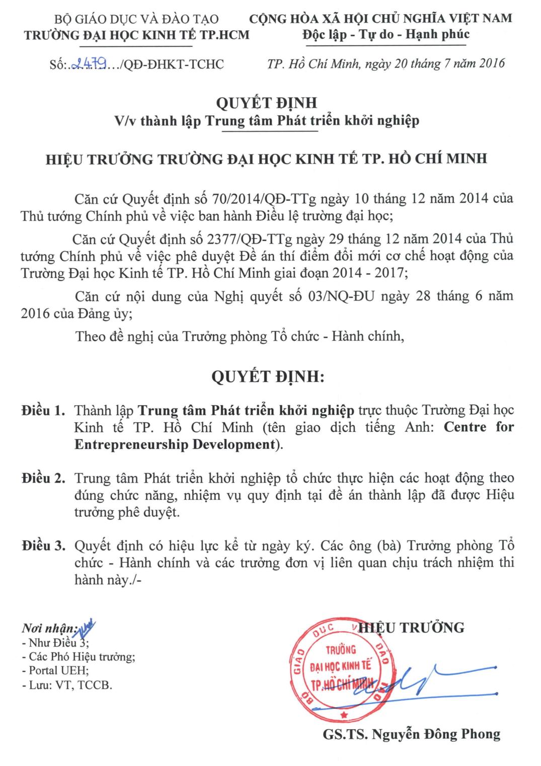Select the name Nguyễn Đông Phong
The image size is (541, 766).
point(435,734)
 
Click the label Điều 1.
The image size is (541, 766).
point(44,411)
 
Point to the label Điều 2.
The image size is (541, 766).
point(44,478)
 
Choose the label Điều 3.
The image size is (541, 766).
point(44,546)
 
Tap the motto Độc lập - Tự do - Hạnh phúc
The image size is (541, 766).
point(386,34)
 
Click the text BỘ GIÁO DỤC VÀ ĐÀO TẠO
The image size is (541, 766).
point(136,20)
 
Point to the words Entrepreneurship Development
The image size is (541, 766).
point(175,445)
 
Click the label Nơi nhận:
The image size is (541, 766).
point(48,629)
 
